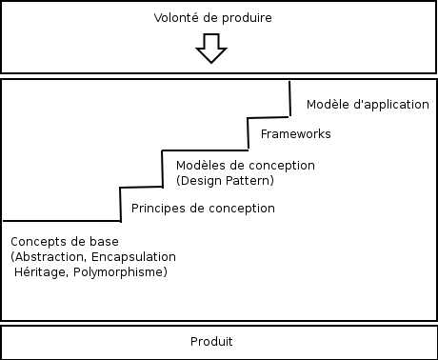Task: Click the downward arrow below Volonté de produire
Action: (x=210, y=49)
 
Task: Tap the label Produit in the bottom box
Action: (x=211, y=341)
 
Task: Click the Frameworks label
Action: (x=295, y=134)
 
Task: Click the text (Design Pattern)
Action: (x=225, y=181)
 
